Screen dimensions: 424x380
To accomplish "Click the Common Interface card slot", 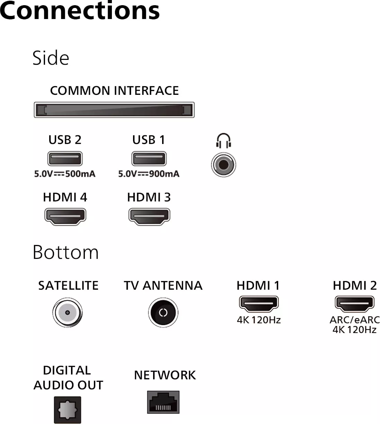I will [114, 110].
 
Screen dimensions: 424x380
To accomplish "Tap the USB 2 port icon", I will [65, 159].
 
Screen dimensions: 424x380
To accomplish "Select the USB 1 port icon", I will [149, 159].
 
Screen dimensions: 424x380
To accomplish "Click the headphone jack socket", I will [223, 165].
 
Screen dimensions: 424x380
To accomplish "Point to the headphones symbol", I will [223, 141].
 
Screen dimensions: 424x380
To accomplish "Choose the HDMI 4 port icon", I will [65, 216].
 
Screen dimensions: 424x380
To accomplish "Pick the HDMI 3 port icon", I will [149, 216].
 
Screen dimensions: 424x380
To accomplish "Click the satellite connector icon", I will [67, 313].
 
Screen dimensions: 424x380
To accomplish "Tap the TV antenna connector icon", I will [163, 313].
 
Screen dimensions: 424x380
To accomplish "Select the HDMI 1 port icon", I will [258, 304].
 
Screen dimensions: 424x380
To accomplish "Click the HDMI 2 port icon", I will [354, 304].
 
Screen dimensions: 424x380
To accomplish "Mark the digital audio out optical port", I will [67, 410].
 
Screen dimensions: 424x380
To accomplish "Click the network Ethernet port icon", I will [163, 402].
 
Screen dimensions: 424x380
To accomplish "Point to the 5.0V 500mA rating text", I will [65, 174].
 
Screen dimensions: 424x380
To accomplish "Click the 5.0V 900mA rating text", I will [149, 174].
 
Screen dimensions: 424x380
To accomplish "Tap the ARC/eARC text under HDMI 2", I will [354, 320].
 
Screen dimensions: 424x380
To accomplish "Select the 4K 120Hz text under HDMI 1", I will [258, 320].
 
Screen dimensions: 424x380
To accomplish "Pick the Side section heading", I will [51, 58].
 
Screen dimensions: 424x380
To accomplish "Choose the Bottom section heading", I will [65, 252].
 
